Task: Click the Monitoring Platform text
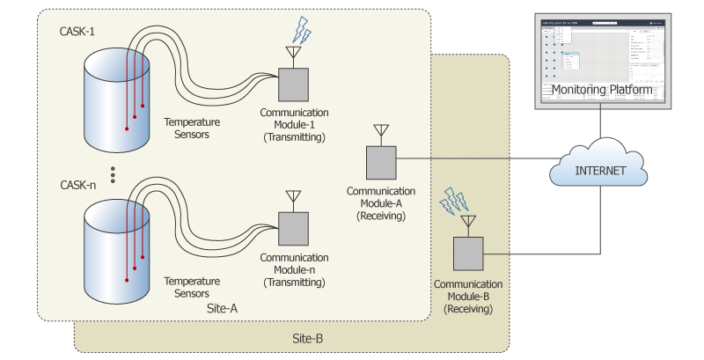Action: [x=601, y=90]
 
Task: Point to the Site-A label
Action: [x=221, y=309]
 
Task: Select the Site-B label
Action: [x=309, y=338]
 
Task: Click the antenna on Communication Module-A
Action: [x=381, y=134]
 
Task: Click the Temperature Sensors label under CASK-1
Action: [x=192, y=128]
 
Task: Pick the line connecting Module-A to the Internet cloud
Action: [x=475, y=160]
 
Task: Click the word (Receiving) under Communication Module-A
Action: [x=381, y=214]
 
